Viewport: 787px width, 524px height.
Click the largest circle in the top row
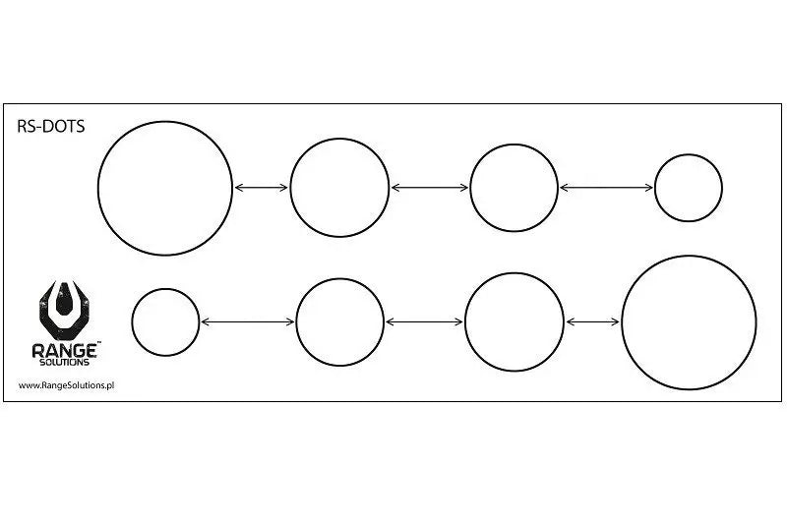tap(165, 187)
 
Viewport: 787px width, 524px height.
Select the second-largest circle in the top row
tap(339, 187)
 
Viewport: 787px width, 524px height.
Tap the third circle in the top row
tap(514, 187)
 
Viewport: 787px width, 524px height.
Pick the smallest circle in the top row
tap(689, 187)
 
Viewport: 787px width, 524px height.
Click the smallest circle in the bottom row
tap(165, 321)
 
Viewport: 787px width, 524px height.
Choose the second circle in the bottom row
tap(339, 321)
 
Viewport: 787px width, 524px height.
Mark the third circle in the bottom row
tap(514, 321)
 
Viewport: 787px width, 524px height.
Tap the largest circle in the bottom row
tap(689, 321)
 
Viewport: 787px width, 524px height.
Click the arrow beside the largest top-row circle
tap(262, 187)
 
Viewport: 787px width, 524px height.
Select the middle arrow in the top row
tap(430, 187)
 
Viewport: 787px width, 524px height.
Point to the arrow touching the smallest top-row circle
tap(606, 187)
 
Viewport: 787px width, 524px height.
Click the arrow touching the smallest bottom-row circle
tap(247, 321)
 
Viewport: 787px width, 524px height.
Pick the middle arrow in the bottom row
tap(424, 321)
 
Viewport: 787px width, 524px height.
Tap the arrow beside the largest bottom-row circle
tap(592, 321)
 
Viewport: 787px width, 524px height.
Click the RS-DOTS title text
tap(52, 127)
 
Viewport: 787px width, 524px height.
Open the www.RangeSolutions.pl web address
tap(67, 385)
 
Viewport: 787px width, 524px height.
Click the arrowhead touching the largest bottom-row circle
tap(616, 321)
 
